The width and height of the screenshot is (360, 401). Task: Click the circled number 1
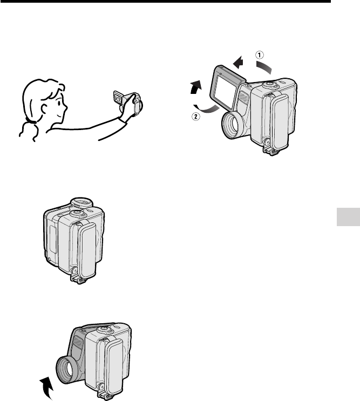(x=259, y=55)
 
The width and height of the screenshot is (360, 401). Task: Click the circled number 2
(x=196, y=117)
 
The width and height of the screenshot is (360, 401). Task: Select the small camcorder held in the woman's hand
(x=128, y=103)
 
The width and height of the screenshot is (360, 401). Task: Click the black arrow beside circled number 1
(x=239, y=63)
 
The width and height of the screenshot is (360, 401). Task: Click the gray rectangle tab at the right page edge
(x=348, y=217)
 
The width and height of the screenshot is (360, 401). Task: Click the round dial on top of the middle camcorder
(x=82, y=203)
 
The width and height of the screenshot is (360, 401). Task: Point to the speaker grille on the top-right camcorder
(x=243, y=97)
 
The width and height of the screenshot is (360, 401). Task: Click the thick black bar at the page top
(x=165, y=1)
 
